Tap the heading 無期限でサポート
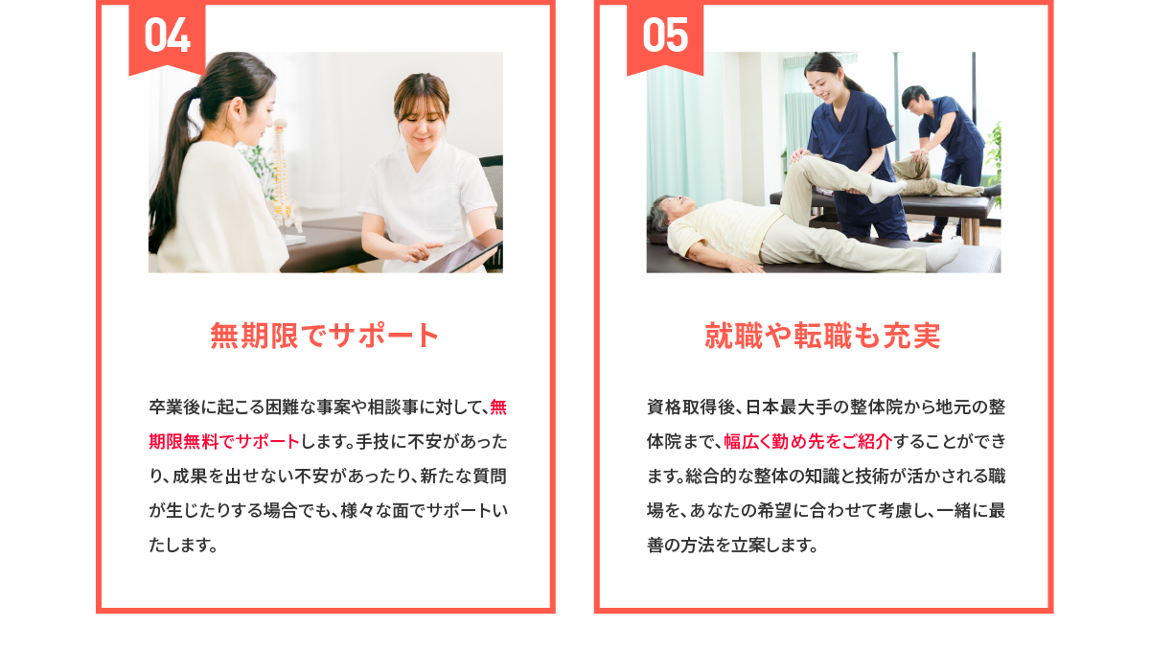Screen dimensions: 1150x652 pyautogui.click(x=325, y=336)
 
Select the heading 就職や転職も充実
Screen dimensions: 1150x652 pyautogui.click(x=822, y=336)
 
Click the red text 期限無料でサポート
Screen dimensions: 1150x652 pyautogui.click(x=224, y=441)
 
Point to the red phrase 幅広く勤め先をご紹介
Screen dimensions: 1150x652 pyautogui.click(x=808, y=441)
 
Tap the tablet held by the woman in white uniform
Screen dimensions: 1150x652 pyautogui.click(x=462, y=255)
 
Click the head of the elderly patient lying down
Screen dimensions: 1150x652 pyautogui.click(x=667, y=212)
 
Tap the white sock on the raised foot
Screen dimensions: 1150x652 pyautogui.click(x=885, y=189)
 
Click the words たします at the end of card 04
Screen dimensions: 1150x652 pyautogui.click(x=183, y=546)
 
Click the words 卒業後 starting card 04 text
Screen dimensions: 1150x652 pyautogui.click(x=174, y=407)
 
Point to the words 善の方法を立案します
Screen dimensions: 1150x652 pyautogui.click(x=732, y=546)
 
